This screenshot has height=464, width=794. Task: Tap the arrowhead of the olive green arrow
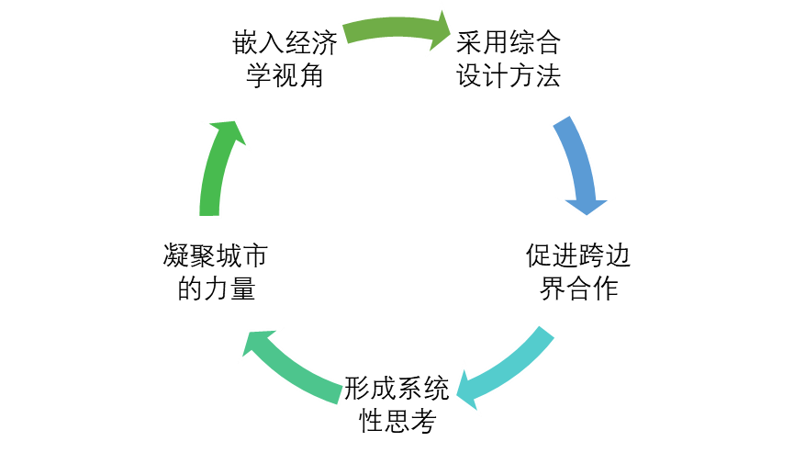(440, 30)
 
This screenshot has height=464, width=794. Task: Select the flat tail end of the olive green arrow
(346, 34)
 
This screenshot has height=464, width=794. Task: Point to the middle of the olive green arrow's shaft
(390, 26)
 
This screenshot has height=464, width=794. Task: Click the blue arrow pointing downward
(578, 165)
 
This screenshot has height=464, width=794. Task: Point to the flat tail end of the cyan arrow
(547, 332)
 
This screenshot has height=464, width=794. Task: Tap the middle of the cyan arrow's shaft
(516, 365)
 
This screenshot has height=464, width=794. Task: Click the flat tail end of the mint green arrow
(340, 395)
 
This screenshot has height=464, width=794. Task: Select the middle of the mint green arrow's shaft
(298, 374)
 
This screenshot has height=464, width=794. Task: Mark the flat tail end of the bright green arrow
(209, 213)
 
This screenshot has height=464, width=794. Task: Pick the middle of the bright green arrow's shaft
(212, 179)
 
